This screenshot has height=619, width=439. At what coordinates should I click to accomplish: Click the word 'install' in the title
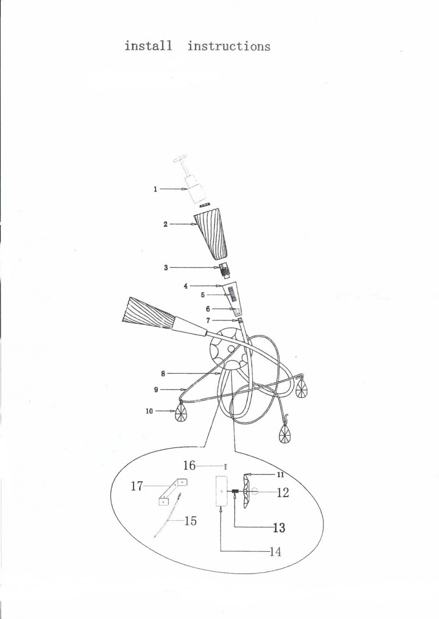(148, 46)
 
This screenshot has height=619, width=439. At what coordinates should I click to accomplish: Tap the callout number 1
(155, 189)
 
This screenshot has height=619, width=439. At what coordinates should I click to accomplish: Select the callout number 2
(166, 224)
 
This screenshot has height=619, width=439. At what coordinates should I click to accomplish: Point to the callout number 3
(166, 268)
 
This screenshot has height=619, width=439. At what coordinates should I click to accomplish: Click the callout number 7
(208, 321)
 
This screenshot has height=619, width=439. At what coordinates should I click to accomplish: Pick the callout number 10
(149, 411)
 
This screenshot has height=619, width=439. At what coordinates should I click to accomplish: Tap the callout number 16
(189, 465)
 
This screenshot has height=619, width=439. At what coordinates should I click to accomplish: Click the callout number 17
(137, 486)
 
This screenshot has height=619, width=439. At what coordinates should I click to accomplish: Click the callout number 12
(283, 493)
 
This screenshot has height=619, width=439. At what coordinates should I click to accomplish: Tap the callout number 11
(281, 475)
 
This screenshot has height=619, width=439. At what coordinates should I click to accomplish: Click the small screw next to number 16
(226, 466)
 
